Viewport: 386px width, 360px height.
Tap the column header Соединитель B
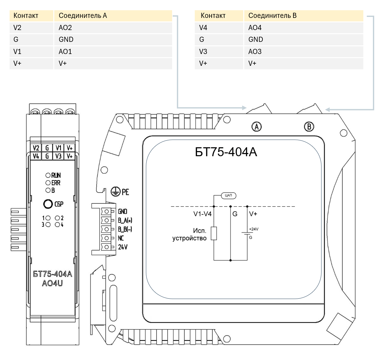pyautogui.click(x=272, y=16)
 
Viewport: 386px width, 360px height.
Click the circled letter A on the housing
pyautogui.click(x=257, y=126)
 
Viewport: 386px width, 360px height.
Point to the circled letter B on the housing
pyautogui.click(x=309, y=126)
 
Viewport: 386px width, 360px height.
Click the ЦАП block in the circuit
pyautogui.click(x=229, y=195)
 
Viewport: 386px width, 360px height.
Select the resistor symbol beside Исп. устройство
pyautogui.click(x=214, y=233)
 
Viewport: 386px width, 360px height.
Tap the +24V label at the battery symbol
pyautogui.click(x=254, y=229)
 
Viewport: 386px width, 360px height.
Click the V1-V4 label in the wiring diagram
pyautogui.click(x=202, y=214)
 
